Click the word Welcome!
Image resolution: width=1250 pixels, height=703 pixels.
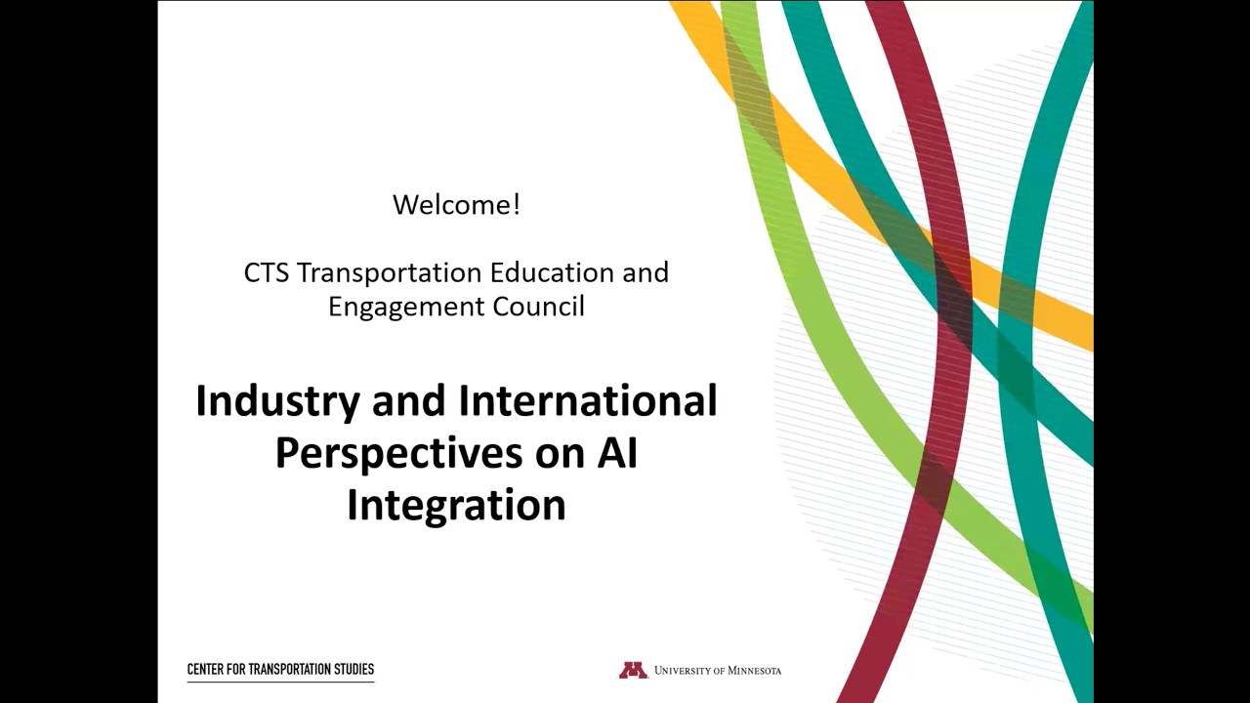tap(456, 205)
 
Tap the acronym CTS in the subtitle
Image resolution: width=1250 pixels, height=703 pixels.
tap(266, 272)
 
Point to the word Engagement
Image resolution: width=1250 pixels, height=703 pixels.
tap(405, 307)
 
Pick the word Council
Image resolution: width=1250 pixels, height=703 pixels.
tap(538, 306)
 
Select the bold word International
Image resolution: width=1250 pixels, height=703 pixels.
tap(588, 401)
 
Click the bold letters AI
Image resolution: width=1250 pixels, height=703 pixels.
tap(617, 453)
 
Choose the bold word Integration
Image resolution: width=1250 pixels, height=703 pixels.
tap(456, 506)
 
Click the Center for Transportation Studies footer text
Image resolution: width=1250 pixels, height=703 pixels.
tap(280, 670)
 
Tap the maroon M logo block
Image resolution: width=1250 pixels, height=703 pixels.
tap(633, 670)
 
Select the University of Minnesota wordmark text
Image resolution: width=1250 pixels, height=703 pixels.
tap(718, 671)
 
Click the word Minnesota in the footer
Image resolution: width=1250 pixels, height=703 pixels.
tap(754, 671)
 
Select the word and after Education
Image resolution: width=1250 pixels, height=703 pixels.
tap(646, 272)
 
